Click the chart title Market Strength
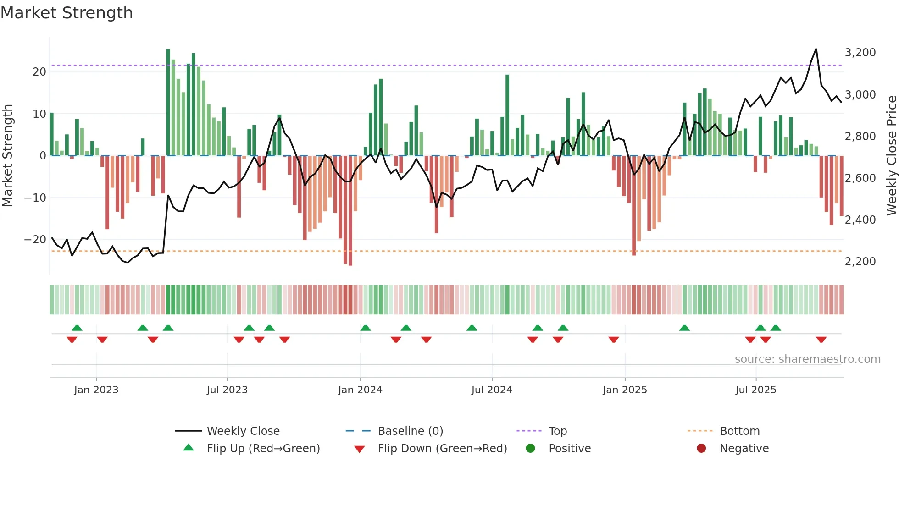click(x=67, y=13)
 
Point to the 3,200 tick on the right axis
click(x=860, y=53)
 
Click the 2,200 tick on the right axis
click(x=860, y=262)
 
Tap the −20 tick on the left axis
click(x=35, y=240)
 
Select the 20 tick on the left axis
click(x=39, y=72)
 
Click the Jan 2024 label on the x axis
click(x=360, y=390)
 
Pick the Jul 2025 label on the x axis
click(x=755, y=390)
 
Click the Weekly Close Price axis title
click(x=891, y=156)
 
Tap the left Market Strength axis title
click(x=7, y=156)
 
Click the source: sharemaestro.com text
click(x=807, y=359)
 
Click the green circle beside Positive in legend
click(x=531, y=448)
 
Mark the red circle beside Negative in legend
click(x=701, y=448)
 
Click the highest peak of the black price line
click(x=816, y=49)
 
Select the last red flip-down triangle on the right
click(x=821, y=340)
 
